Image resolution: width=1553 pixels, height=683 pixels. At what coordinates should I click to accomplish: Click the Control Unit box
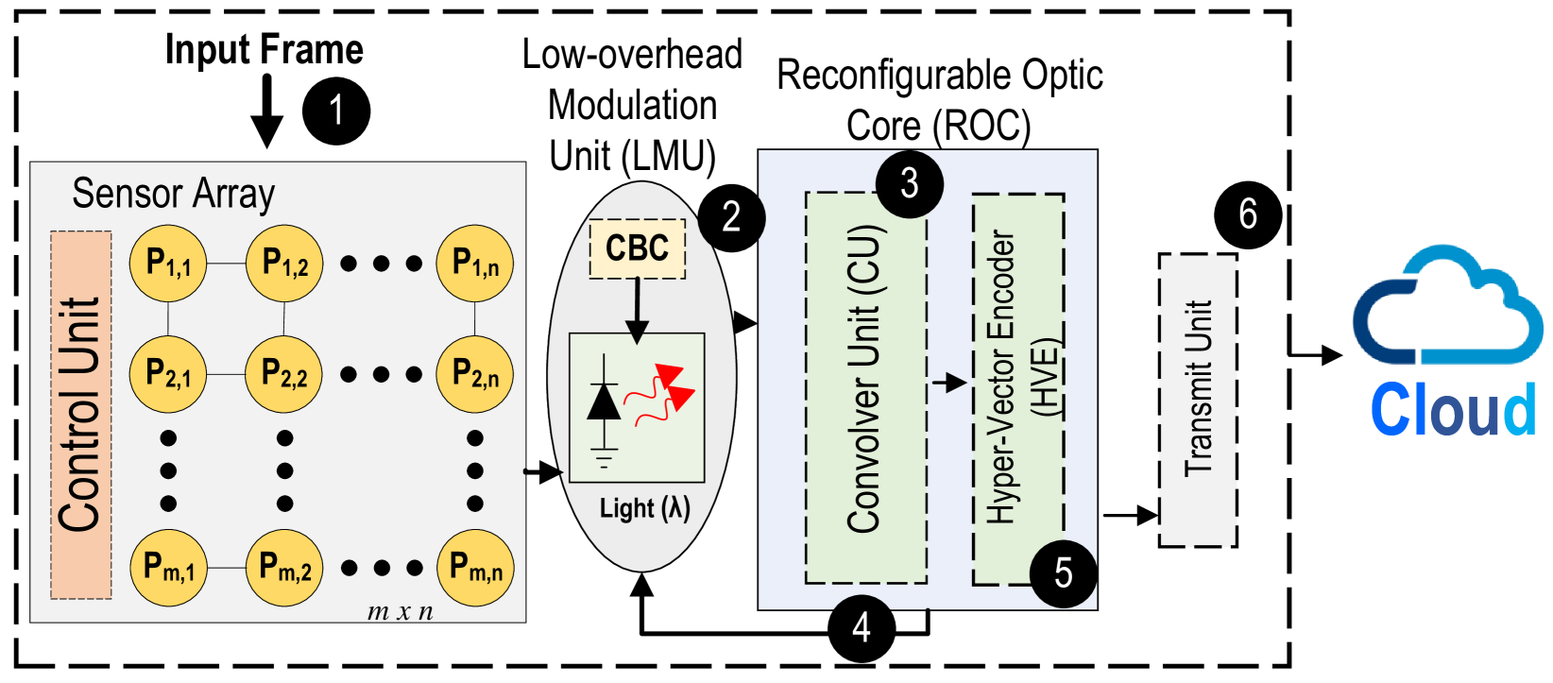[80, 416]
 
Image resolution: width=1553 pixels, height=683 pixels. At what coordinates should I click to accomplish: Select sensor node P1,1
[168, 264]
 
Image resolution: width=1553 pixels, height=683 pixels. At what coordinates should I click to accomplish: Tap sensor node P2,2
[284, 373]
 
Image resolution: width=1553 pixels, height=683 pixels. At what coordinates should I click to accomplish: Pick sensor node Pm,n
[475, 568]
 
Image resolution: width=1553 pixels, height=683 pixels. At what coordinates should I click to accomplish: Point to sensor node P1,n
[475, 264]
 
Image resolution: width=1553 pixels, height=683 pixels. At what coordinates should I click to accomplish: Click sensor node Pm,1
[168, 568]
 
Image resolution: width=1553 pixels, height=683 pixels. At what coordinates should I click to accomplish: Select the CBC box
[638, 249]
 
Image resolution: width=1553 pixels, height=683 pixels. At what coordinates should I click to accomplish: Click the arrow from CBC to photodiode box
[638, 310]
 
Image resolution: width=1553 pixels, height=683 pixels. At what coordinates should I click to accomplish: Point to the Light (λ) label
[645, 508]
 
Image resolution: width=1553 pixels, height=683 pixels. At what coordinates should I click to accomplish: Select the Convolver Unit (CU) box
[865, 387]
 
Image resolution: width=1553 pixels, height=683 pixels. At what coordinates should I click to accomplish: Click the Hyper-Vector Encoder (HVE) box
[1018, 387]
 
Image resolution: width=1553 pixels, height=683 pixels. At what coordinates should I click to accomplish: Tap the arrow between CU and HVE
[949, 383]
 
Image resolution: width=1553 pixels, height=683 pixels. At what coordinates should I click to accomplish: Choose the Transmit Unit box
[1198, 400]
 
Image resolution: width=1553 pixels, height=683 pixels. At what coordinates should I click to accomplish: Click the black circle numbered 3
[909, 184]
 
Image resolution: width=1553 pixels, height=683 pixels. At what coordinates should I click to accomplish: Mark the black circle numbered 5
[1063, 572]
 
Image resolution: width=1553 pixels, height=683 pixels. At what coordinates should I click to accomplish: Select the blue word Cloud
[1453, 409]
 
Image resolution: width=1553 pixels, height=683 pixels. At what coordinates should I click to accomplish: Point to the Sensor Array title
[174, 194]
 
